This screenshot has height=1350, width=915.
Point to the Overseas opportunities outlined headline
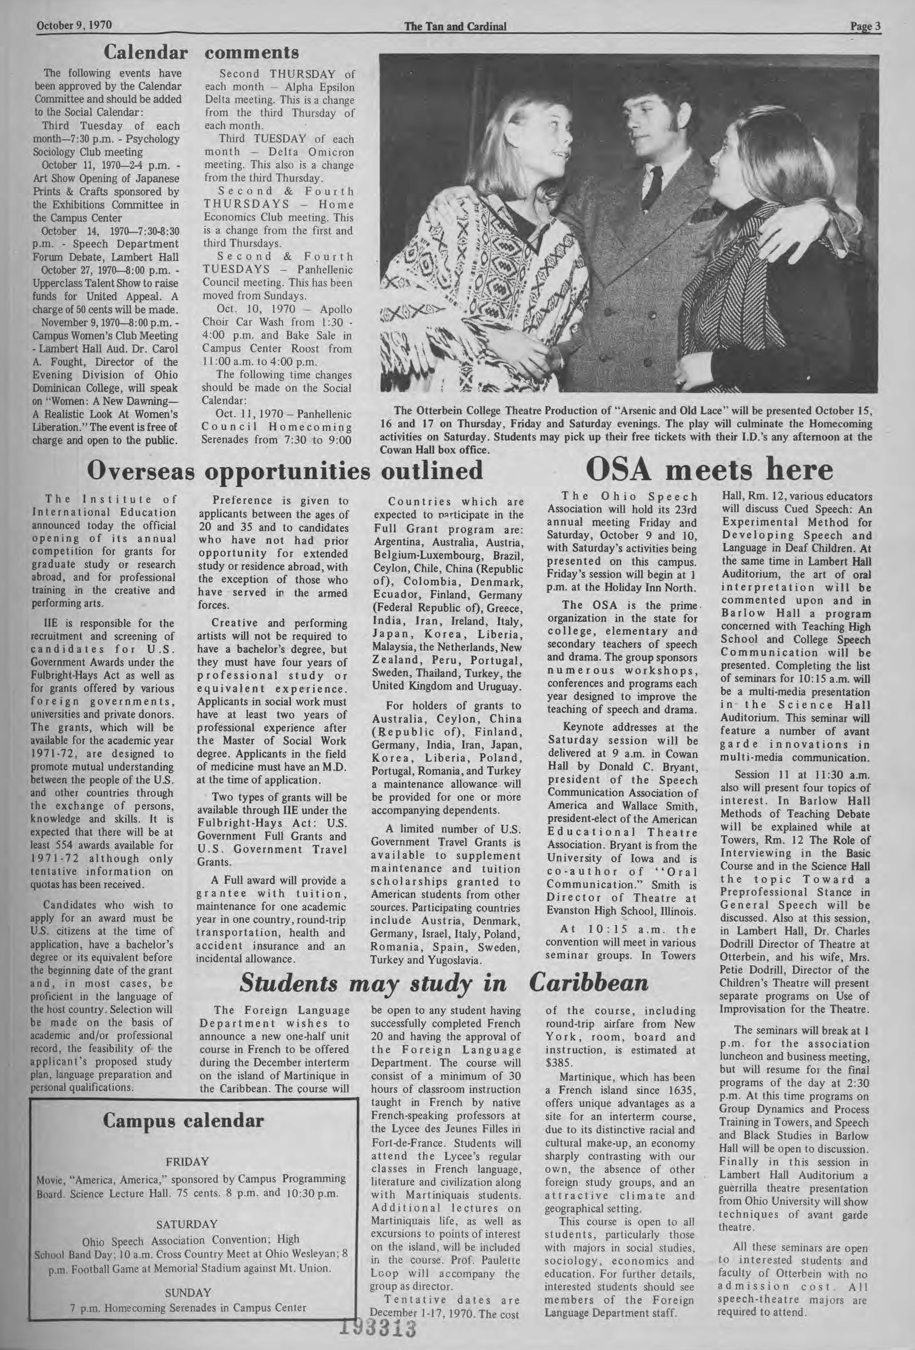coord(285,471)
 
